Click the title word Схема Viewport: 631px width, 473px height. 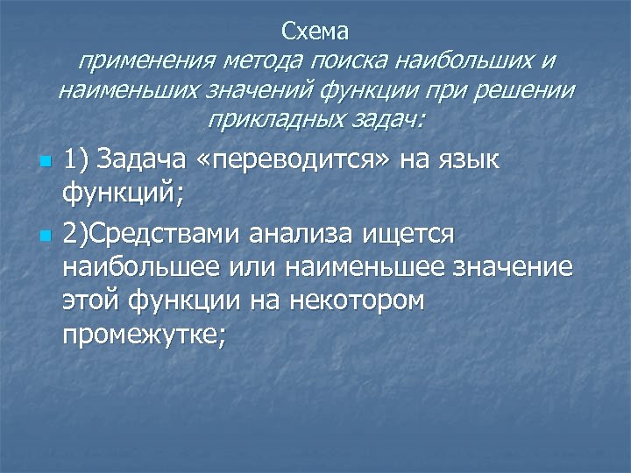click(315, 32)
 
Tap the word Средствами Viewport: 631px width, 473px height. click(167, 235)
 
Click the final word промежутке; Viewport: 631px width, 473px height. click(144, 333)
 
